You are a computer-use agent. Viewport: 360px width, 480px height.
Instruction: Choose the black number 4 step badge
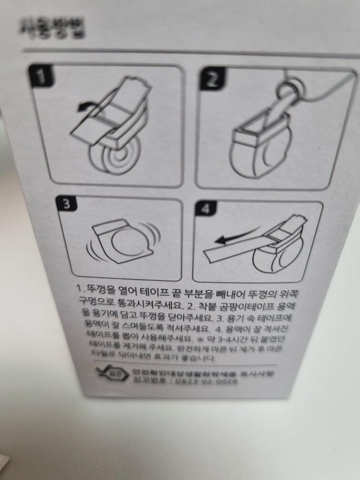[x=205, y=208]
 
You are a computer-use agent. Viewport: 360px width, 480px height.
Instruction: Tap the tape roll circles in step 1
[x=114, y=162]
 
